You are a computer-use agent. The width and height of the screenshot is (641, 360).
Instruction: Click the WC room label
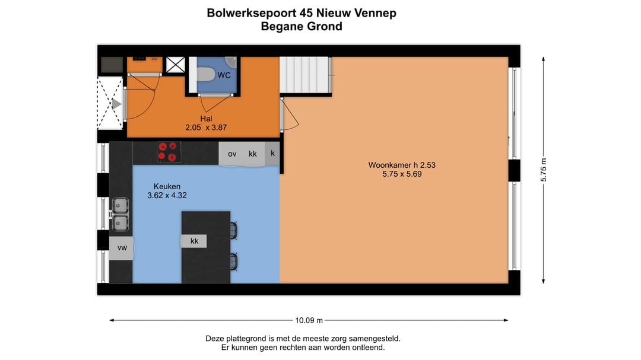[x=224, y=75]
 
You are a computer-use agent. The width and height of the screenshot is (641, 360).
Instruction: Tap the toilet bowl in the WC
[x=205, y=74]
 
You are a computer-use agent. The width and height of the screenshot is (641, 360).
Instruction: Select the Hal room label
[x=206, y=119]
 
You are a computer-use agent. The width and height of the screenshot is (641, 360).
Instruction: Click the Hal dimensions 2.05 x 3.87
[x=206, y=127]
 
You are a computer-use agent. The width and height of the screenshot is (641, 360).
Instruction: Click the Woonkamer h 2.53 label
[x=398, y=165]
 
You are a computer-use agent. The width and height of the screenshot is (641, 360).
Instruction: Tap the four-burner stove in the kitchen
[x=169, y=152]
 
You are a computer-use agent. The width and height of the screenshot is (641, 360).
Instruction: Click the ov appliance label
[x=231, y=154]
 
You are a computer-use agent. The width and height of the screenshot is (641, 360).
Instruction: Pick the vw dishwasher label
[x=122, y=248]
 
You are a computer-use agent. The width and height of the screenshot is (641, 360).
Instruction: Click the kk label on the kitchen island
[x=194, y=241]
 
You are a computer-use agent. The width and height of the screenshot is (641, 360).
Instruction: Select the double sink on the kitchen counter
[x=120, y=214]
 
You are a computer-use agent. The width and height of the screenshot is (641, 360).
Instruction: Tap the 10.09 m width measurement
[x=309, y=321]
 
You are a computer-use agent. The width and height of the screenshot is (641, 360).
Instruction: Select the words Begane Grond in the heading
[x=301, y=26]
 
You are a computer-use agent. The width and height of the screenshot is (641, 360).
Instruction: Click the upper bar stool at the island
[x=233, y=230]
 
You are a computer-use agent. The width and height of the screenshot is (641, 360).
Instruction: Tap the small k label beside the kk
[x=272, y=153]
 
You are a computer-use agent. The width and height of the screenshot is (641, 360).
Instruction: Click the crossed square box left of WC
[x=175, y=65]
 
